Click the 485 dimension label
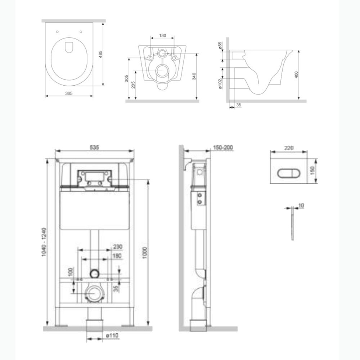click(100, 54)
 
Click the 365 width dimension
click(69, 93)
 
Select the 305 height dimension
click(126, 78)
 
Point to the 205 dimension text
click(133, 85)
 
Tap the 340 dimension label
click(194, 76)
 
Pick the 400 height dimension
click(296, 75)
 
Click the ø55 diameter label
click(220, 45)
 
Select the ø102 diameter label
click(220, 84)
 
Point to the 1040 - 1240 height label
click(44, 242)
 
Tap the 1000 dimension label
click(145, 253)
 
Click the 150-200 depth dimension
click(223, 147)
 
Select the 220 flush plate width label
click(289, 148)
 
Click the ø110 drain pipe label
click(112, 336)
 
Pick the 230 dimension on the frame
click(118, 247)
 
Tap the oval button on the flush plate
click(285, 174)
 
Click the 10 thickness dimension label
click(301, 206)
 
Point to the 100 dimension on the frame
click(71, 272)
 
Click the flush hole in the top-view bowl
click(69, 47)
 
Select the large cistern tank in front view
click(94, 211)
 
